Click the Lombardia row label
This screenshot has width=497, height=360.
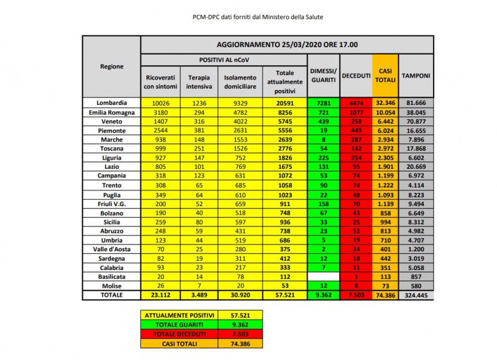pos(112,102)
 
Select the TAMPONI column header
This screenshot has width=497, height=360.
pos(416,76)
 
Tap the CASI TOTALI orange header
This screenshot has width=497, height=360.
pos(385,76)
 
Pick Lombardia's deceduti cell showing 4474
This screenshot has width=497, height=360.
pos(355,102)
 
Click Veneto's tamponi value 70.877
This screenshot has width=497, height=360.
pos(416,122)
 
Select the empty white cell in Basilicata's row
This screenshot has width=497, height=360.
pos(323,277)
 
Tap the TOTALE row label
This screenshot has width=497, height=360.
pos(112,296)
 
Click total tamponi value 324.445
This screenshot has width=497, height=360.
pos(416,296)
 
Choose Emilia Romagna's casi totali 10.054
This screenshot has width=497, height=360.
pos(385,112)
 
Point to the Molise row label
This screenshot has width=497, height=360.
pos(112,286)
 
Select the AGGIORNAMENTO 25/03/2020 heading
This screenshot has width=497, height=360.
pos(287,45)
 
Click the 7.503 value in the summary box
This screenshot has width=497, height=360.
pos(237,334)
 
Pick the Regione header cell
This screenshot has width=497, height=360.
pos(112,66)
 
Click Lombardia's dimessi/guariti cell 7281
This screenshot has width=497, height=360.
pos(323,102)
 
